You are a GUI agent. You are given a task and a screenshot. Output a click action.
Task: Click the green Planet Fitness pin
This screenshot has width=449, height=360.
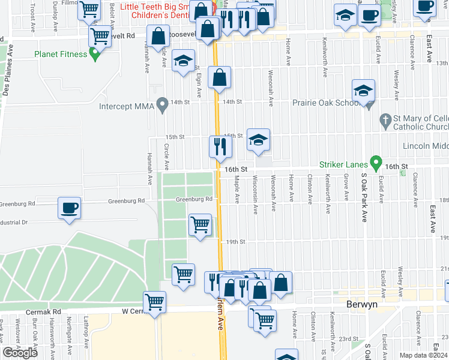point(94,55)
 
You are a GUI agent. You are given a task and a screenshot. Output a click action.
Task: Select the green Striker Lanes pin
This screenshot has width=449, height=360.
point(376,162)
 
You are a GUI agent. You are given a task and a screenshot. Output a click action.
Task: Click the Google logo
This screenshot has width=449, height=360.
point(20,353)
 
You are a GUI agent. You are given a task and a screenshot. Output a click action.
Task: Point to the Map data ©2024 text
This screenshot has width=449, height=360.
point(423,355)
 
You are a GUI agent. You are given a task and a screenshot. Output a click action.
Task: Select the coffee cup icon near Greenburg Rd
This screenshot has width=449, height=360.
point(69,208)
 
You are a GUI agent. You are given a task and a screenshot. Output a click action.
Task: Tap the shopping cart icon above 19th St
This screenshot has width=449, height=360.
point(200,225)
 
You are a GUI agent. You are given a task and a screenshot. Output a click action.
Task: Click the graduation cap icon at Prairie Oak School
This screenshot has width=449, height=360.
point(363,91)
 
